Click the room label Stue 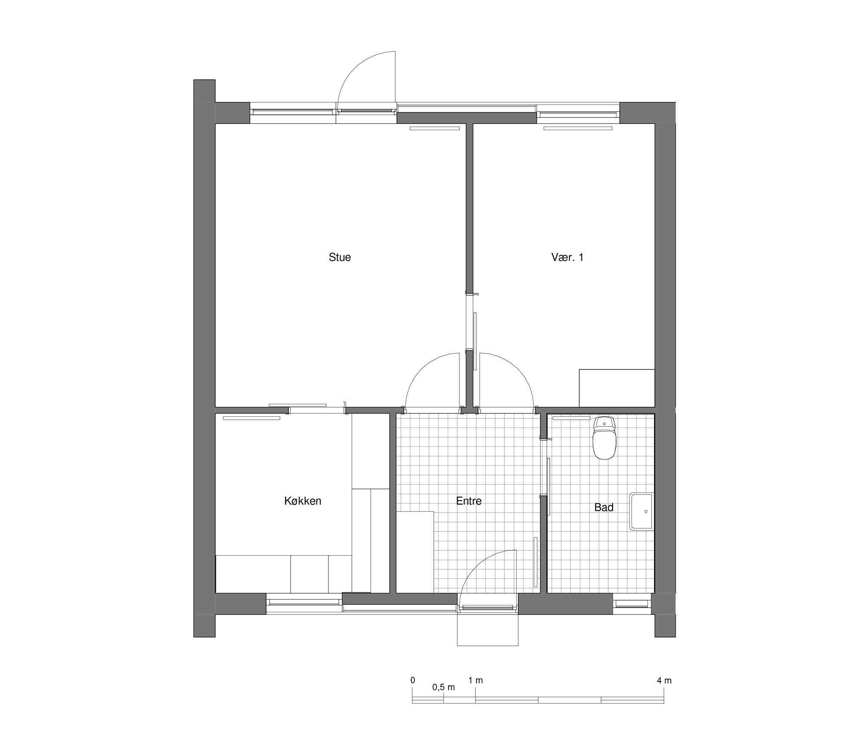340,257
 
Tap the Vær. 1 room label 567,257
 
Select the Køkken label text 303,501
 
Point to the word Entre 469,501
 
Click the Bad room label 604,507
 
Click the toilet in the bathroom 604,438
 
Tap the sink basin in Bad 642,511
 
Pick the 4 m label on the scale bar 664,681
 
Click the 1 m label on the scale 476,681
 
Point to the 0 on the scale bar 413,680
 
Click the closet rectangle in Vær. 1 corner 617,388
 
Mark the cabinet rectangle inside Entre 415,552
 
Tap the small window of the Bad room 632,604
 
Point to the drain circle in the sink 646,511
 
